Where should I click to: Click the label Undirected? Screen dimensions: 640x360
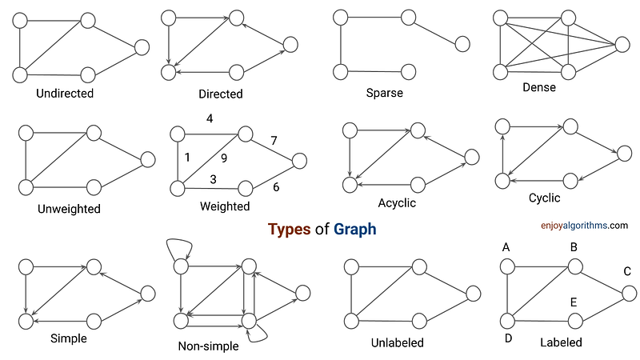point(65,94)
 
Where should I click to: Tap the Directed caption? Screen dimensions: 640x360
point(221,94)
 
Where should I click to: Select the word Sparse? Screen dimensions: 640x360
point(385,94)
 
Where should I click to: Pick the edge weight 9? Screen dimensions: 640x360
point(224,158)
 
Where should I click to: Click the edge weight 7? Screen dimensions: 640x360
point(274,141)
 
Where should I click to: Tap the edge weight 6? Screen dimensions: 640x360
point(276,187)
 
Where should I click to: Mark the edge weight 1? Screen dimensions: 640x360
point(187,158)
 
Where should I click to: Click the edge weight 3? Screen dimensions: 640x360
point(214,178)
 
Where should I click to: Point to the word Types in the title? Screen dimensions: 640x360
point(290,230)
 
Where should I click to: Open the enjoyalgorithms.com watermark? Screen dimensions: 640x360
point(579,226)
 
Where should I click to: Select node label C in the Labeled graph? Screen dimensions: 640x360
point(627,272)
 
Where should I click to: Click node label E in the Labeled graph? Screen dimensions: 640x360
point(574,302)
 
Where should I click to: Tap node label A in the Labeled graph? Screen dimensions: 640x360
point(506,247)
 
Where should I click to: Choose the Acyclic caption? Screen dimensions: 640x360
point(396,203)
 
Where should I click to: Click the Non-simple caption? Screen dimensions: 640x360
point(210,346)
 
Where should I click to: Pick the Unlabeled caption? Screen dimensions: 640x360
point(398,342)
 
